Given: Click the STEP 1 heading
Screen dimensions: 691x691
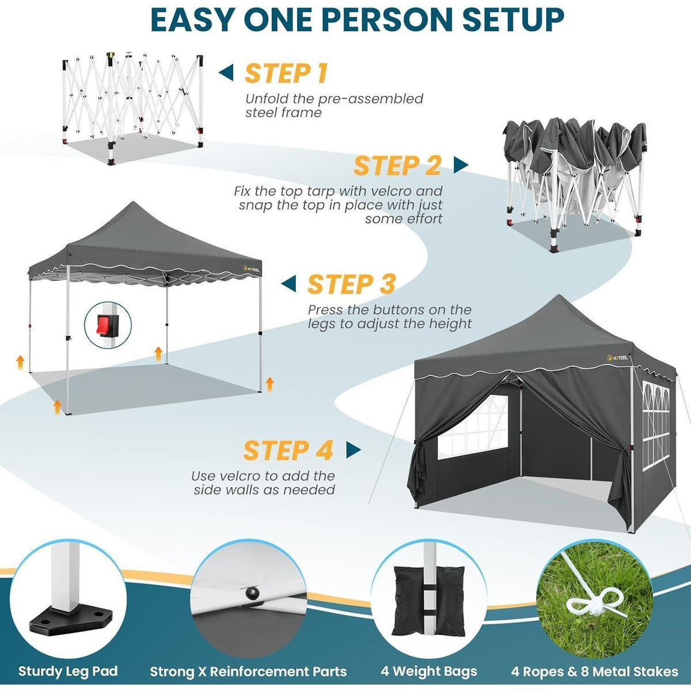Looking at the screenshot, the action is tap(286, 73).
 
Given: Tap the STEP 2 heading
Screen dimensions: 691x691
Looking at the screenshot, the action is tap(397, 165).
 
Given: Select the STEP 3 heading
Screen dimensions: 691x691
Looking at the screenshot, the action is tap(351, 284).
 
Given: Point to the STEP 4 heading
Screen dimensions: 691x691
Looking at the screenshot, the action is tap(288, 450).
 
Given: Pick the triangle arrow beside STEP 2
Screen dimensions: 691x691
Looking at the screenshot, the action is tap(461, 165).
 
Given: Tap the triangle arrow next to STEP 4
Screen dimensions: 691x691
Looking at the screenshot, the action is tap(354, 450).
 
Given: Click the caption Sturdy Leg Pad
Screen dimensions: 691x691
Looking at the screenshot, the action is tap(68, 661).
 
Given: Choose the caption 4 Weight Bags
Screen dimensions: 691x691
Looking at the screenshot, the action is tap(428, 661).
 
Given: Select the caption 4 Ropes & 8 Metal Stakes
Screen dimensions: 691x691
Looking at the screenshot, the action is tap(594, 661).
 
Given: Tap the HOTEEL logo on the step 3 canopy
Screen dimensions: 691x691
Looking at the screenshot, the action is tap(251, 269).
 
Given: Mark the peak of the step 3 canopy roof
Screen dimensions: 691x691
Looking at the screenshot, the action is tap(134, 202).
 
